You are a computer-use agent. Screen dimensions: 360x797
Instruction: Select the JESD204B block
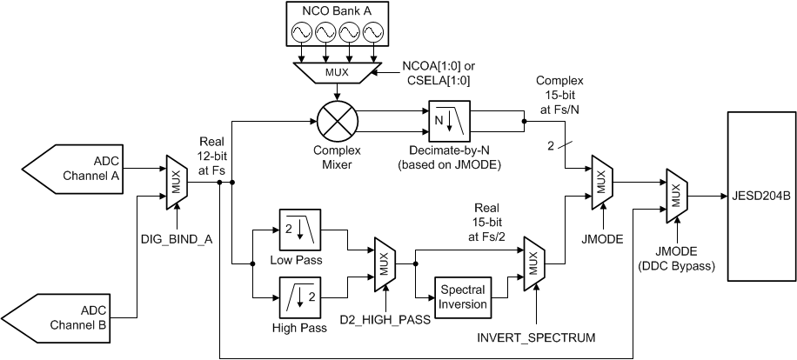tap(760, 195)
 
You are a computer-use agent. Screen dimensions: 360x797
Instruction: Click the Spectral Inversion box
tap(460, 297)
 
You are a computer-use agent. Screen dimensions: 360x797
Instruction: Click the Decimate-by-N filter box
tap(449, 121)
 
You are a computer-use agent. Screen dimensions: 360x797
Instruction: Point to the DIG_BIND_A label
tap(177, 237)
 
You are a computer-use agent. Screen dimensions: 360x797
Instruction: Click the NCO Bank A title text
tap(335, 11)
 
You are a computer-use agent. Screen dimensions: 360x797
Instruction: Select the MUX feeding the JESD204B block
tap(675, 197)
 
